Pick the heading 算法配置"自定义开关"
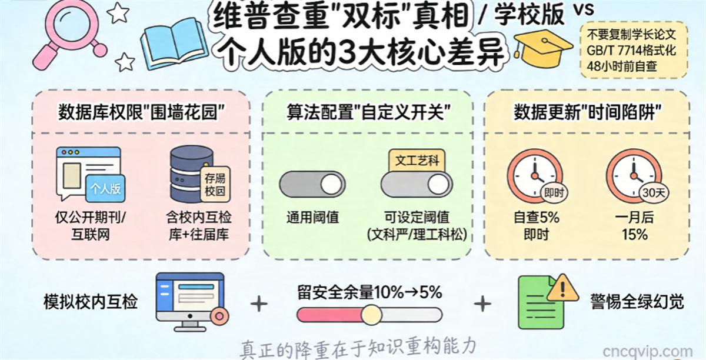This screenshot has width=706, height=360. point(367,111)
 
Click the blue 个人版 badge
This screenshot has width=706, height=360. point(106,188)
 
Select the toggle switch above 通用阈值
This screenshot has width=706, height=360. point(311,185)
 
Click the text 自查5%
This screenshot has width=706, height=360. point(536,218)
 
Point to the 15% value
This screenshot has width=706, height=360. point(634,234)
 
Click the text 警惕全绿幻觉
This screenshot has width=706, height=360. point(637,302)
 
